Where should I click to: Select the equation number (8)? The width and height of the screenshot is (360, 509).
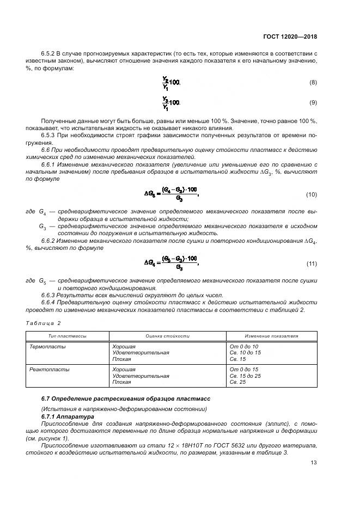click(x=313, y=83)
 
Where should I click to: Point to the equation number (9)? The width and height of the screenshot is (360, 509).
click(x=313, y=102)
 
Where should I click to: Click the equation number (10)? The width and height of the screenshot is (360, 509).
click(x=312, y=194)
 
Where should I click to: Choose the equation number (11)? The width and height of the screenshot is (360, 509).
click(x=312, y=263)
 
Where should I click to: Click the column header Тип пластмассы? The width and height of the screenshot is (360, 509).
click(x=68, y=336)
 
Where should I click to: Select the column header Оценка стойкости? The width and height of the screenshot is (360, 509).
click(x=167, y=336)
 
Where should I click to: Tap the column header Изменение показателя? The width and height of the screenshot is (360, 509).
click(x=271, y=336)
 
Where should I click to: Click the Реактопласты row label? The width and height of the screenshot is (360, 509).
click(x=48, y=370)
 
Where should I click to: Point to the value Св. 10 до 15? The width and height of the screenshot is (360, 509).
click(x=246, y=353)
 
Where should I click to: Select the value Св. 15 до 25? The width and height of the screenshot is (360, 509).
click(x=246, y=376)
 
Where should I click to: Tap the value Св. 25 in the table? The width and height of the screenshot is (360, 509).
click(x=238, y=383)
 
